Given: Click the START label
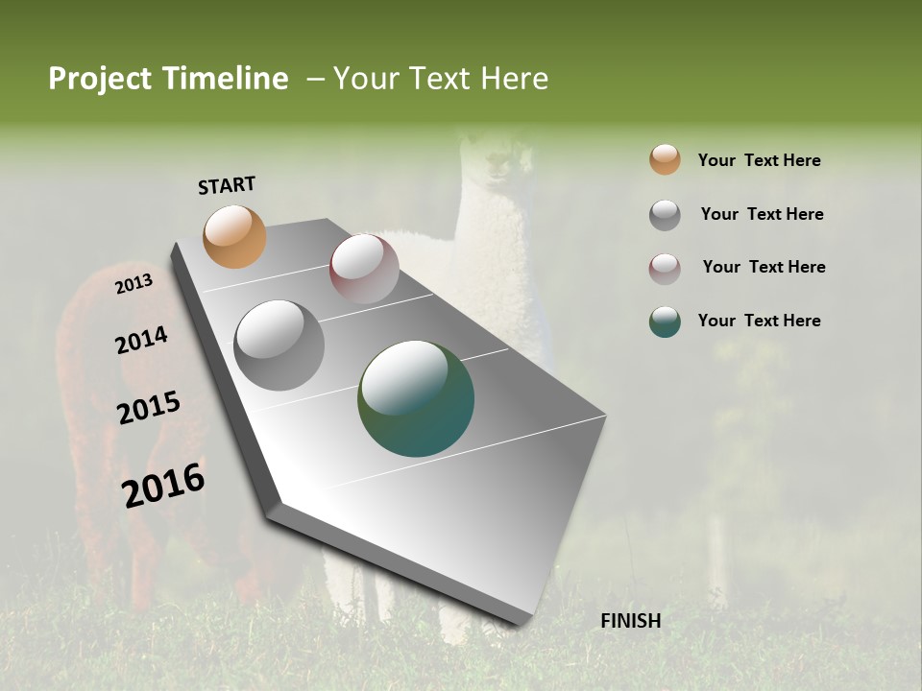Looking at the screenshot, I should pyautogui.click(x=227, y=185).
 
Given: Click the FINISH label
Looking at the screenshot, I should pyautogui.click(x=630, y=621).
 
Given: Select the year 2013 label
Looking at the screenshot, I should pyautogui.click(x=134, y=284).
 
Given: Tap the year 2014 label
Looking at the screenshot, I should pyautogui.click(x=141, y=341).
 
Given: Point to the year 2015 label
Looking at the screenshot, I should pyautogui.click(x=149, y=408).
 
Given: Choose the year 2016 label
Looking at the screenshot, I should pyautogui.click(x=163, y=485).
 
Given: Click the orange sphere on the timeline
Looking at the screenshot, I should pyautogui.click(x=234, y=236).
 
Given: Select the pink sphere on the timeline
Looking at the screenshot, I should pyautogui.click(x=364, y=269).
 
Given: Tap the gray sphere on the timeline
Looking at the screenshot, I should pyautogui.click(x=279, y=345).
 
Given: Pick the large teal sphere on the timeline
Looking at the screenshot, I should pyautogui.click(x=416, y=398).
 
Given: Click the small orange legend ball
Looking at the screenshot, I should pyautogui.click(x=665, y=159).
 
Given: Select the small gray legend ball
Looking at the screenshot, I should pyautogui.click(x=665, y=215).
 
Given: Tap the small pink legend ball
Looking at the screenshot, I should pyautogui.click(x=665, y=269).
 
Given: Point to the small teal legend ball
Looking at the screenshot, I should pyautogui.click(x=665, y=322).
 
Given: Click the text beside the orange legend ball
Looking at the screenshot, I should pyautogui.click(x=759, y=160).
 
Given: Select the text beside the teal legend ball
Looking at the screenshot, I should pyautogui.click(x=759, y=321).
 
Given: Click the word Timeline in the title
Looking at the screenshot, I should pyautogui.click(x=227, y=79).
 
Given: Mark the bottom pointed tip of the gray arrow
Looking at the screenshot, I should pyautogui.click(x=519, y=624).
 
